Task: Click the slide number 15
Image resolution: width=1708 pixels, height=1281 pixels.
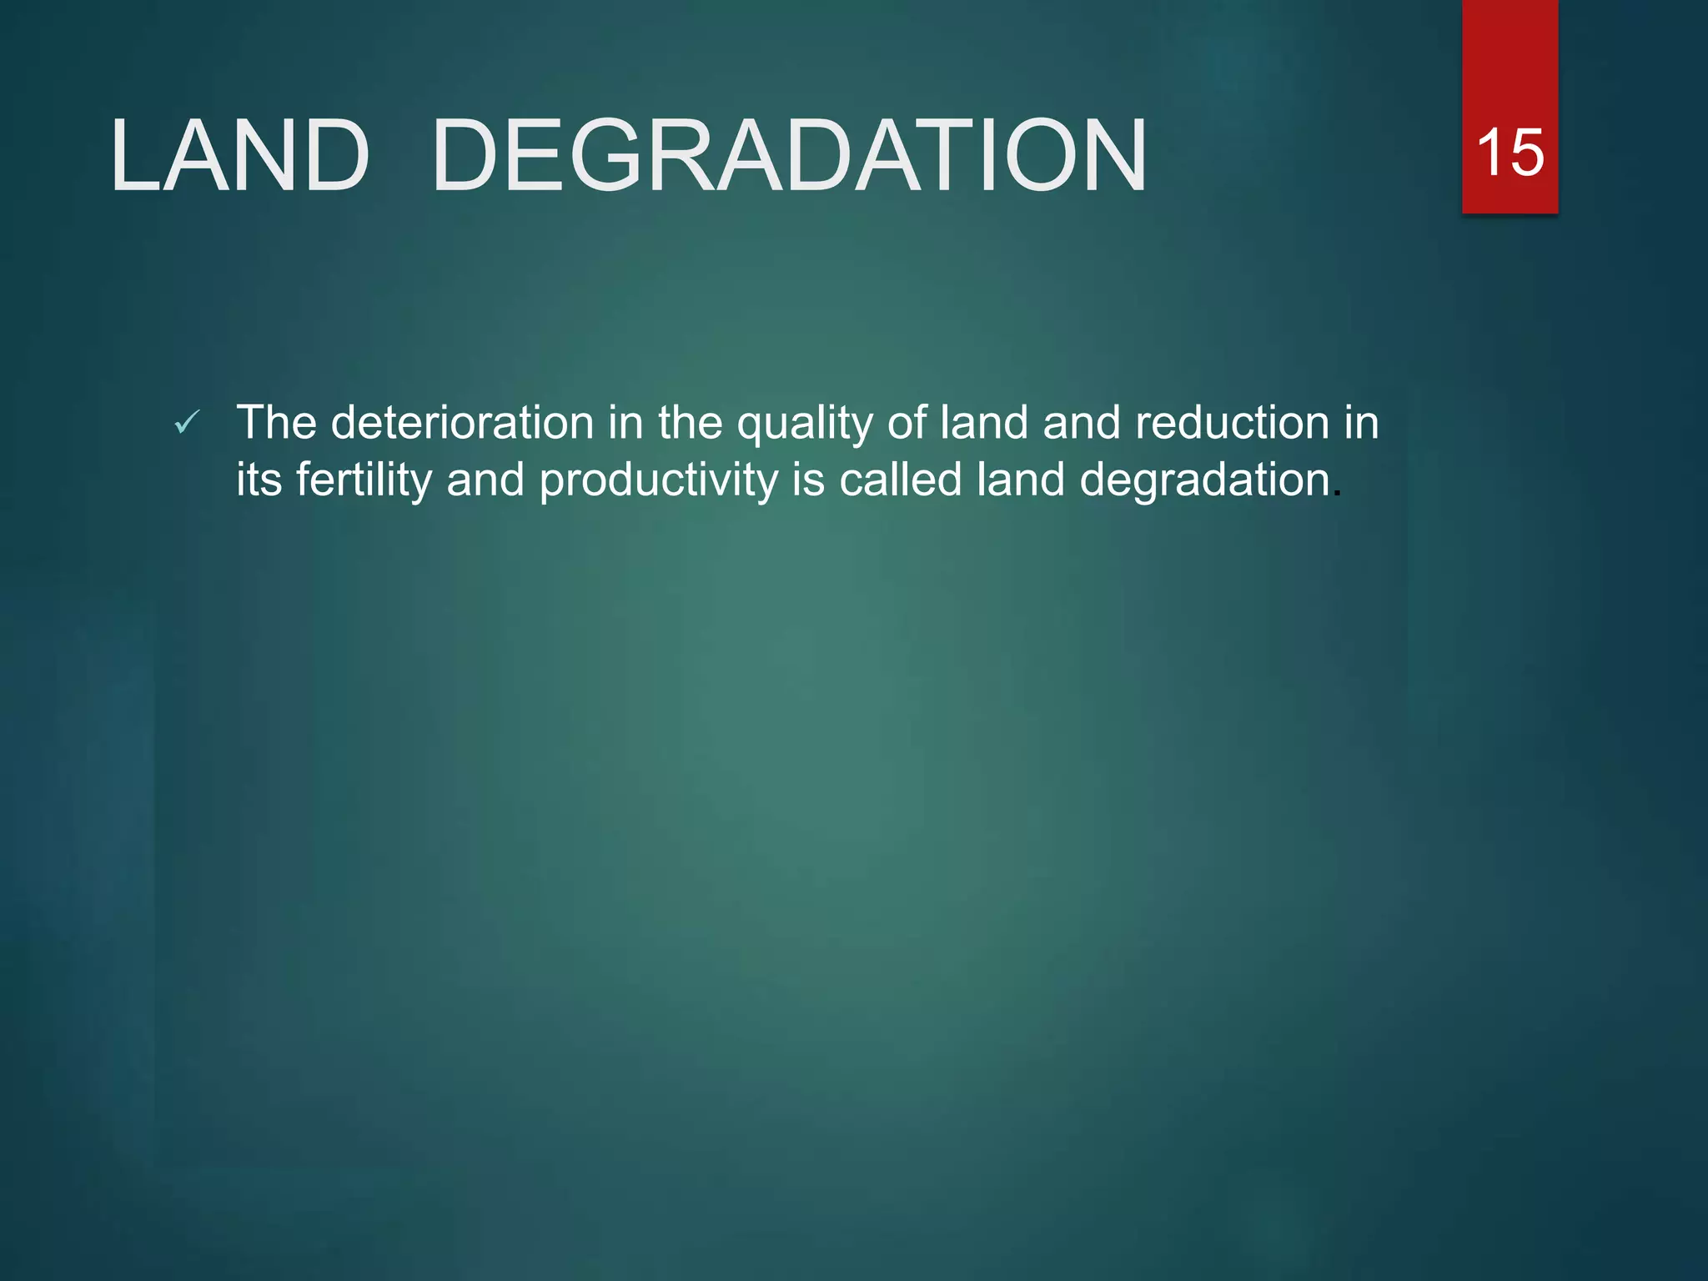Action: point(1510,153)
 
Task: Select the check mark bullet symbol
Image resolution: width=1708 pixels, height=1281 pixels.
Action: point(187,423)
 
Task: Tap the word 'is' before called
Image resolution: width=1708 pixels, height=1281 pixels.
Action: point(807,480)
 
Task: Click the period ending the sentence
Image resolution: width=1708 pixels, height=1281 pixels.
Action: point(1337,494)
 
